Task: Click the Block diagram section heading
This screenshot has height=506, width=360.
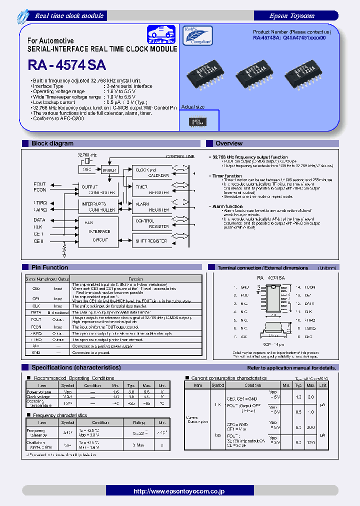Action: point(52,143)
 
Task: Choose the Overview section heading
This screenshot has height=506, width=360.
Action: point(229,143)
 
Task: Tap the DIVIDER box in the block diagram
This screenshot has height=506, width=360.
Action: point(109,170)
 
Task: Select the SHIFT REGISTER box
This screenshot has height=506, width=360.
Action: point(151,241)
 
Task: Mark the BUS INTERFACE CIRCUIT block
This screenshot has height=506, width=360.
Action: point(99,231)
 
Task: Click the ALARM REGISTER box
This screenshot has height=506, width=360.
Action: point(151,207)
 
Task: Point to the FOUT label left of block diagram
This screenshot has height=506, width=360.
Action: point(39,184)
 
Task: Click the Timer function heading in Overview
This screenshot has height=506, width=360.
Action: point(227,176)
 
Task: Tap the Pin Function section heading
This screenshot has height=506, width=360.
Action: point(50,267)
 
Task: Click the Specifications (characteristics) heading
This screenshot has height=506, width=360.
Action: point(76,367)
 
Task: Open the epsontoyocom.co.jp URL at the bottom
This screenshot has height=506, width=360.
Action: point(179,491)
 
